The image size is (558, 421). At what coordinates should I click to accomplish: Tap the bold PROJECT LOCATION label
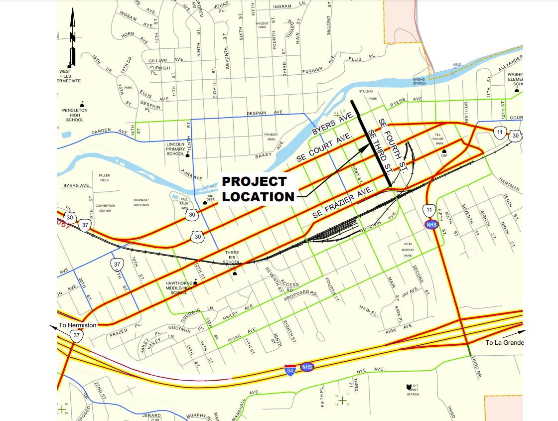258,189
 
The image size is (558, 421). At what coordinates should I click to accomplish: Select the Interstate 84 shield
290,370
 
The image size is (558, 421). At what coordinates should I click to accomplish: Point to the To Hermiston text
78,325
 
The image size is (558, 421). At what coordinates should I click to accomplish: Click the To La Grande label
505,342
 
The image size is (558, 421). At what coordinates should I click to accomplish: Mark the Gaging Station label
419,82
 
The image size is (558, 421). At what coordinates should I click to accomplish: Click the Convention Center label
105,208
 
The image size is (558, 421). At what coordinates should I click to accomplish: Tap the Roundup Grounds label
141,203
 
